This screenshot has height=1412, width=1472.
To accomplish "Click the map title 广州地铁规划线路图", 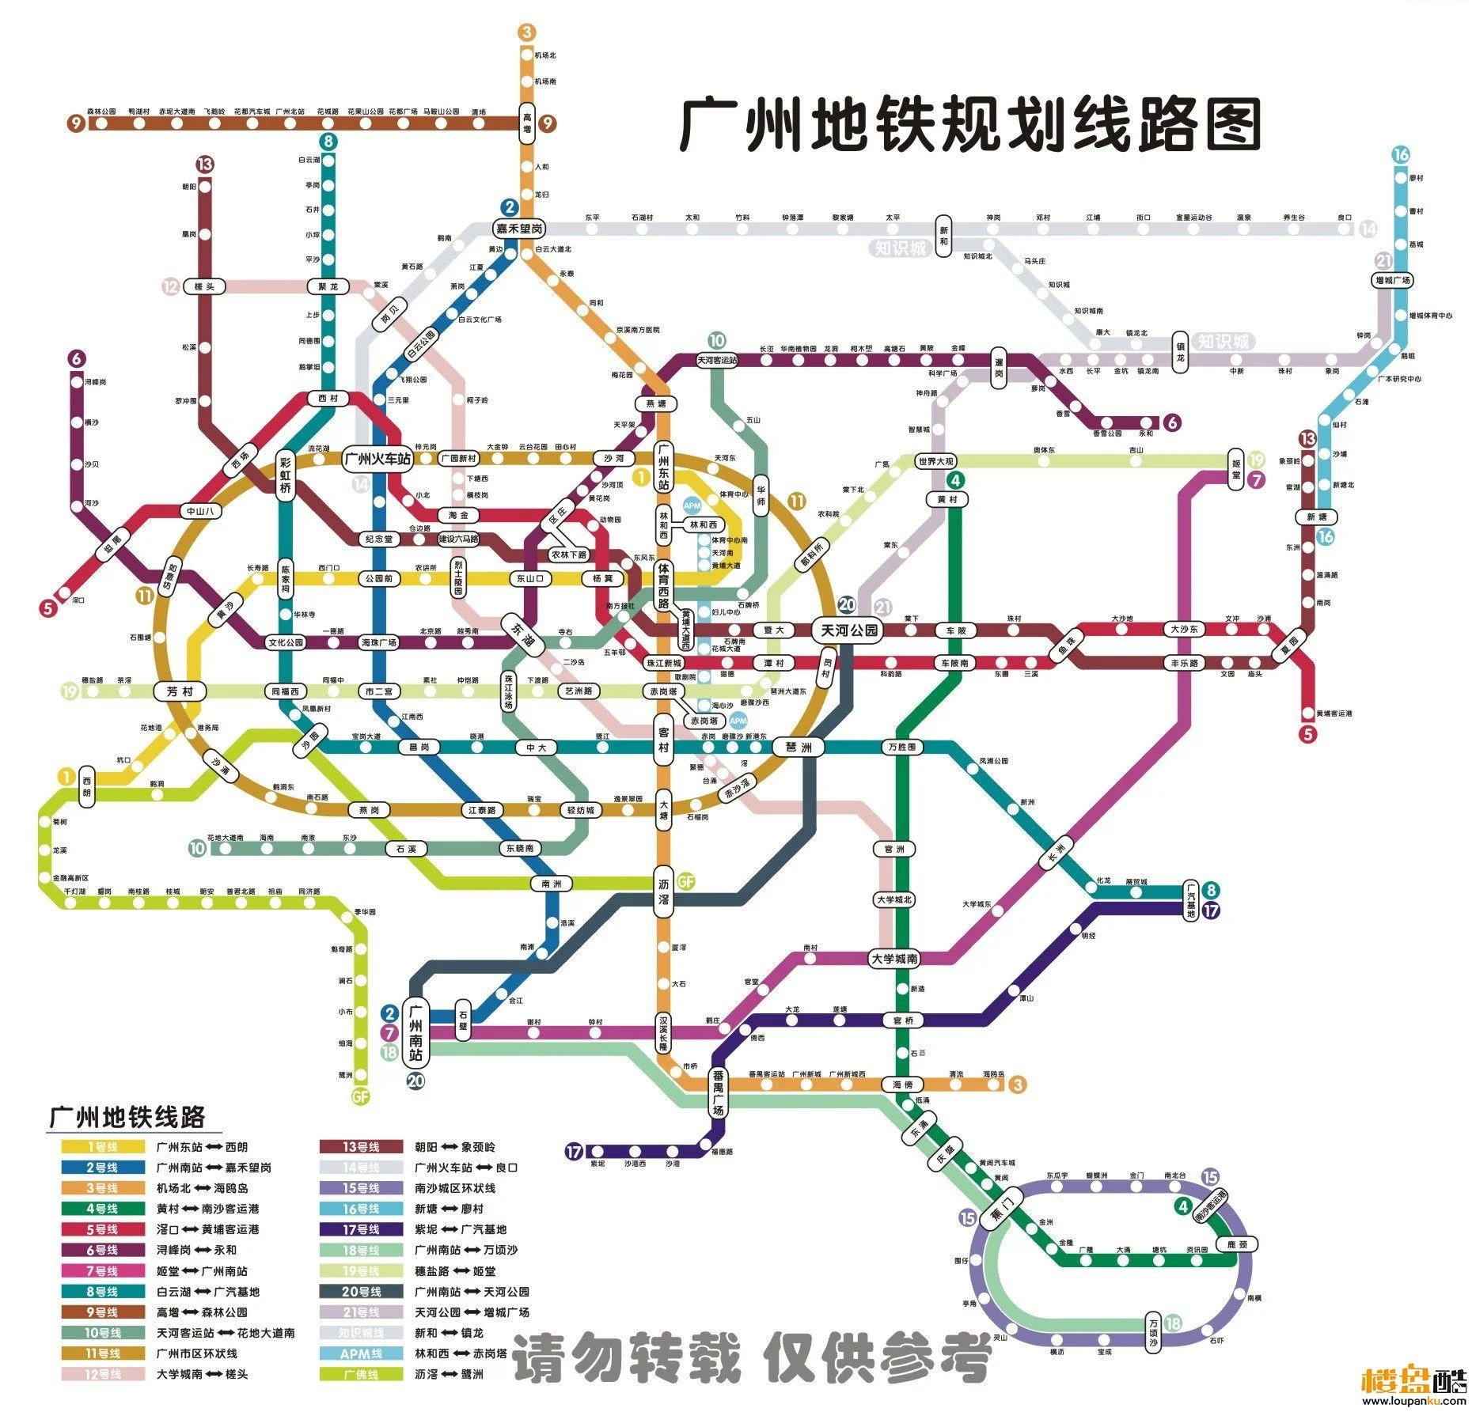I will (970, 125).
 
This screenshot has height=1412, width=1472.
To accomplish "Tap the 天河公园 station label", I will (848, 630).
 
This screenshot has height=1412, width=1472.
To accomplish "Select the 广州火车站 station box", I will (379, 459).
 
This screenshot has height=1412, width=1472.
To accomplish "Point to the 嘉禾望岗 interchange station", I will (519, 229).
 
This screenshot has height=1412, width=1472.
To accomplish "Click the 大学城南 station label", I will (894, 959).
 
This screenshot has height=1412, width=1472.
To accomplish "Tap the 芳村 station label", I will (180, 691).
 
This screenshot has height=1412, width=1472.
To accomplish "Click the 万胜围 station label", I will (901, 747).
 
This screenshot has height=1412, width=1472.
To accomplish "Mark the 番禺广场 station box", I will (718, 1092).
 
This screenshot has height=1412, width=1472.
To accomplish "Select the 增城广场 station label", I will (1393, 280).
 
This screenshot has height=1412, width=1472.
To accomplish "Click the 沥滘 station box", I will (664, 890).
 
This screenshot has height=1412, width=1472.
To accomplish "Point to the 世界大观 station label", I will (935, 460).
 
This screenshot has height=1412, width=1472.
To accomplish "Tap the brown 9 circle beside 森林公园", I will (75, 123).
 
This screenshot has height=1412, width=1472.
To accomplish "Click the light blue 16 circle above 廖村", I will (1401, 154).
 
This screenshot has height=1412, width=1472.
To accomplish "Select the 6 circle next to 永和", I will (1172, 422).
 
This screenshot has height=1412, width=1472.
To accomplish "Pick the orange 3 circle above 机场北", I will (527, 32).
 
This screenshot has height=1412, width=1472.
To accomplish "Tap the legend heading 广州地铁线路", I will (127, 1117).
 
